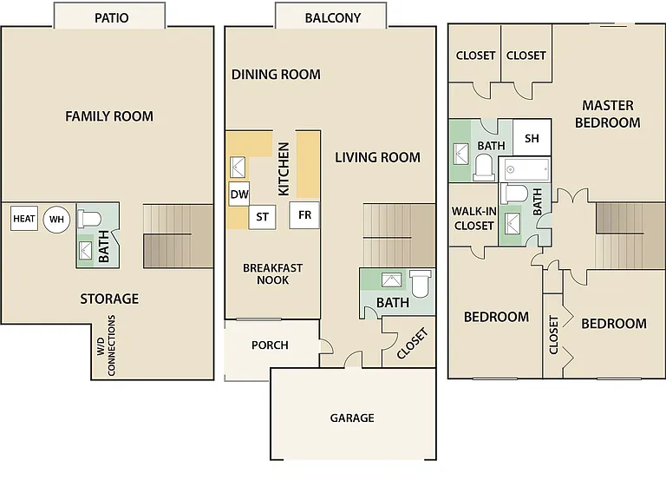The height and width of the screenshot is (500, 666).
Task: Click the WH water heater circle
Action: [x=56, y=220]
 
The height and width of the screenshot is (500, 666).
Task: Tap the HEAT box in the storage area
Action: [x=24, y=219]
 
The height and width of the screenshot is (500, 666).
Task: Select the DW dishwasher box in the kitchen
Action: [x=239, y=194]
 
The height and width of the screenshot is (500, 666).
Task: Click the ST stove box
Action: [x=262, y=217]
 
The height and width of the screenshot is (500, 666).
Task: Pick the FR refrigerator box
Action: [x=304, y=215]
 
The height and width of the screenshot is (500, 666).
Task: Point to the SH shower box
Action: [x=532, y=138]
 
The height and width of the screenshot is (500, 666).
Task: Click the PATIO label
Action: [x=111, y=18]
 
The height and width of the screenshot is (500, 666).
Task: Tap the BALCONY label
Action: [x=333, y=18]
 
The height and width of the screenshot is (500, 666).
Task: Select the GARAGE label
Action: [x=352, y=418]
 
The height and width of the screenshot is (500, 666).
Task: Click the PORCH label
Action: [x=270, y=345]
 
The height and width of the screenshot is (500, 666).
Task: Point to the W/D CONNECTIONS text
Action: [x=106, y=345]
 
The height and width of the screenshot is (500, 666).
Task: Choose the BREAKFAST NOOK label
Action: [x=272, y=273]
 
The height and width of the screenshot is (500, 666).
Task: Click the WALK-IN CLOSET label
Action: [x=474, y=218]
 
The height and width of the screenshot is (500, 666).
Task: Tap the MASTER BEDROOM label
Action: [x=607, y=114]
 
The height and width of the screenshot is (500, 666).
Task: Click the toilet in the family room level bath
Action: [x=89, y=219]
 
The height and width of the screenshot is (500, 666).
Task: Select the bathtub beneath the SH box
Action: [x=525, y=169]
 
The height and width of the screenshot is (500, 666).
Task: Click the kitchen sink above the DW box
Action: [x=238, y=167]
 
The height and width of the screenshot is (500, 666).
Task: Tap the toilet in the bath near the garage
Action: [x=420, y=284]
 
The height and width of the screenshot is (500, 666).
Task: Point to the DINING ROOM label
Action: [x=276, y=75]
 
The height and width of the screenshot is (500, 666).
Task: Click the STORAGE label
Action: [x=109, y=299]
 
